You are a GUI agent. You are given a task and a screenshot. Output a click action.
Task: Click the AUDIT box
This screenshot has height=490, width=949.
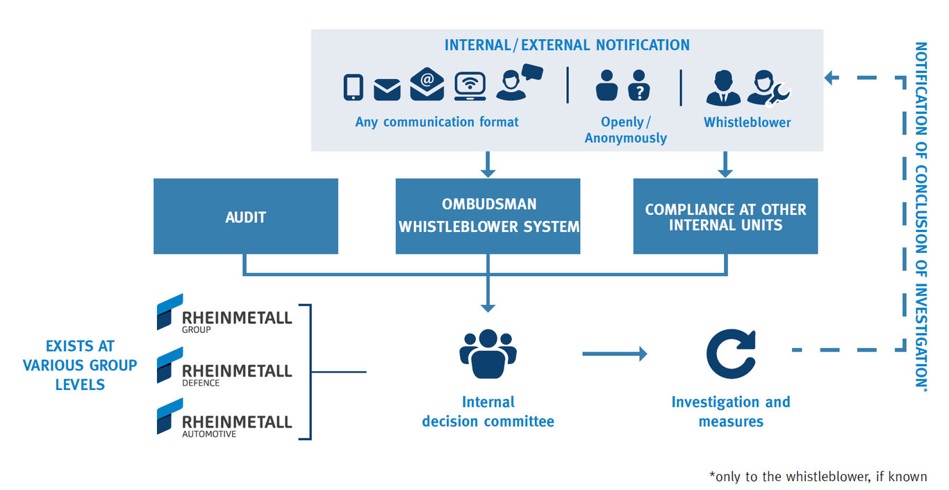click(x=245, y=216)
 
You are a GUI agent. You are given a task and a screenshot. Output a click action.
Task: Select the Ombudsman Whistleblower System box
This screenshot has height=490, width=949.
click(x=488, y=216)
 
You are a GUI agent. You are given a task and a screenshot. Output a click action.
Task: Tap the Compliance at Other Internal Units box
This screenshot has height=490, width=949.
click(x=725, y=216)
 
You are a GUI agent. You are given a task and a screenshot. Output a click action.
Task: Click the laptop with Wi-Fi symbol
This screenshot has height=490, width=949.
click(x=470, y=86)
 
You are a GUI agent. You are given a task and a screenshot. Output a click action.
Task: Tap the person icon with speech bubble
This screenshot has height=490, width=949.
click(x=518, y=82)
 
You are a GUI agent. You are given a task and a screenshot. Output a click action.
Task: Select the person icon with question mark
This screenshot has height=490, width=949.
click(x=638, y=85)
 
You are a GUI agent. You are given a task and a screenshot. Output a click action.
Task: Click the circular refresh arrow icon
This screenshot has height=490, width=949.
click(x=730, y=354)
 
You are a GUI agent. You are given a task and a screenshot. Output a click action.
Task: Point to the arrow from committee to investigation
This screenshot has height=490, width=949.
click(x=614, y=354)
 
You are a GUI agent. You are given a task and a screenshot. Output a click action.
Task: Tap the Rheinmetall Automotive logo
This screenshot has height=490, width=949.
click(x=224, y=418)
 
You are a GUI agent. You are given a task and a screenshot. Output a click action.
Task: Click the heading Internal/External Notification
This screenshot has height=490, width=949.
click(x=567, y=45)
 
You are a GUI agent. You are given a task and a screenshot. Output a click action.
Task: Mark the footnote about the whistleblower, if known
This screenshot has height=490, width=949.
click(x=818, y=477)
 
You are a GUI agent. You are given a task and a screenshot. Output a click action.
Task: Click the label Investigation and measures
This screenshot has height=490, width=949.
click(x=730, y=411)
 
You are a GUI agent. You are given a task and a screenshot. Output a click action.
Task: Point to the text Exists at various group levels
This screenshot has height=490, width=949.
click(x=80, y=365)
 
